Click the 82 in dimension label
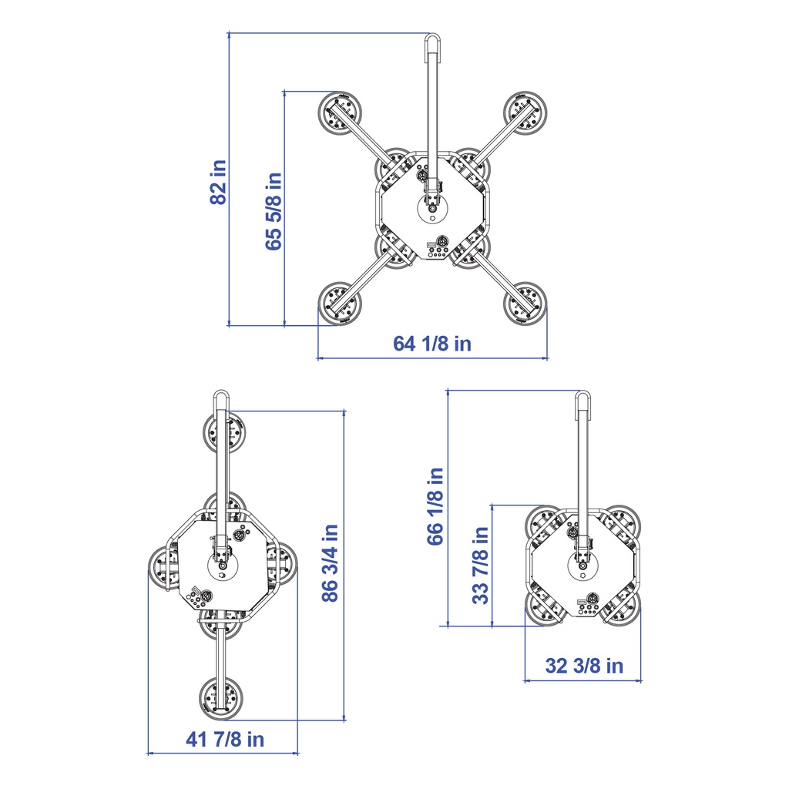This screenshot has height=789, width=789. [x=218, y=182]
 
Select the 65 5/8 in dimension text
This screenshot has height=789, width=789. [x=274, y=211]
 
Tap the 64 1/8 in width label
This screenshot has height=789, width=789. [x=432, y=344]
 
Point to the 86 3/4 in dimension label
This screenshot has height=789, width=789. [x=330, y=562]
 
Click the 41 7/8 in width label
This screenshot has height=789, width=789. [x=225, y=739]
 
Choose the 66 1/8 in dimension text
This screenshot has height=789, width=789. [x=436, y=506]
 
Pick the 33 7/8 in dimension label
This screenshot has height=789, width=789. [x=481, y=565]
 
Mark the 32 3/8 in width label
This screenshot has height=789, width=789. [x=584, y=666]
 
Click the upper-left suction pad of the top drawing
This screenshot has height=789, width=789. [x=340, y=113]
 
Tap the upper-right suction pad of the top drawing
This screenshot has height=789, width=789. [x=525, y=113]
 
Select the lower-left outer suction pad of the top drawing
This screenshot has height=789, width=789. [x=340, y=304]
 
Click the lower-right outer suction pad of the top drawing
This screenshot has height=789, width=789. [x=525, y=304]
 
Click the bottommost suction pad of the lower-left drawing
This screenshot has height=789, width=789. [x=220, y=698]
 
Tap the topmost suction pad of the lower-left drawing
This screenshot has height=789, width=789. [x=224, y=432]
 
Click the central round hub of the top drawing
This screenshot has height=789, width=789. [x=432, y=208]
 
